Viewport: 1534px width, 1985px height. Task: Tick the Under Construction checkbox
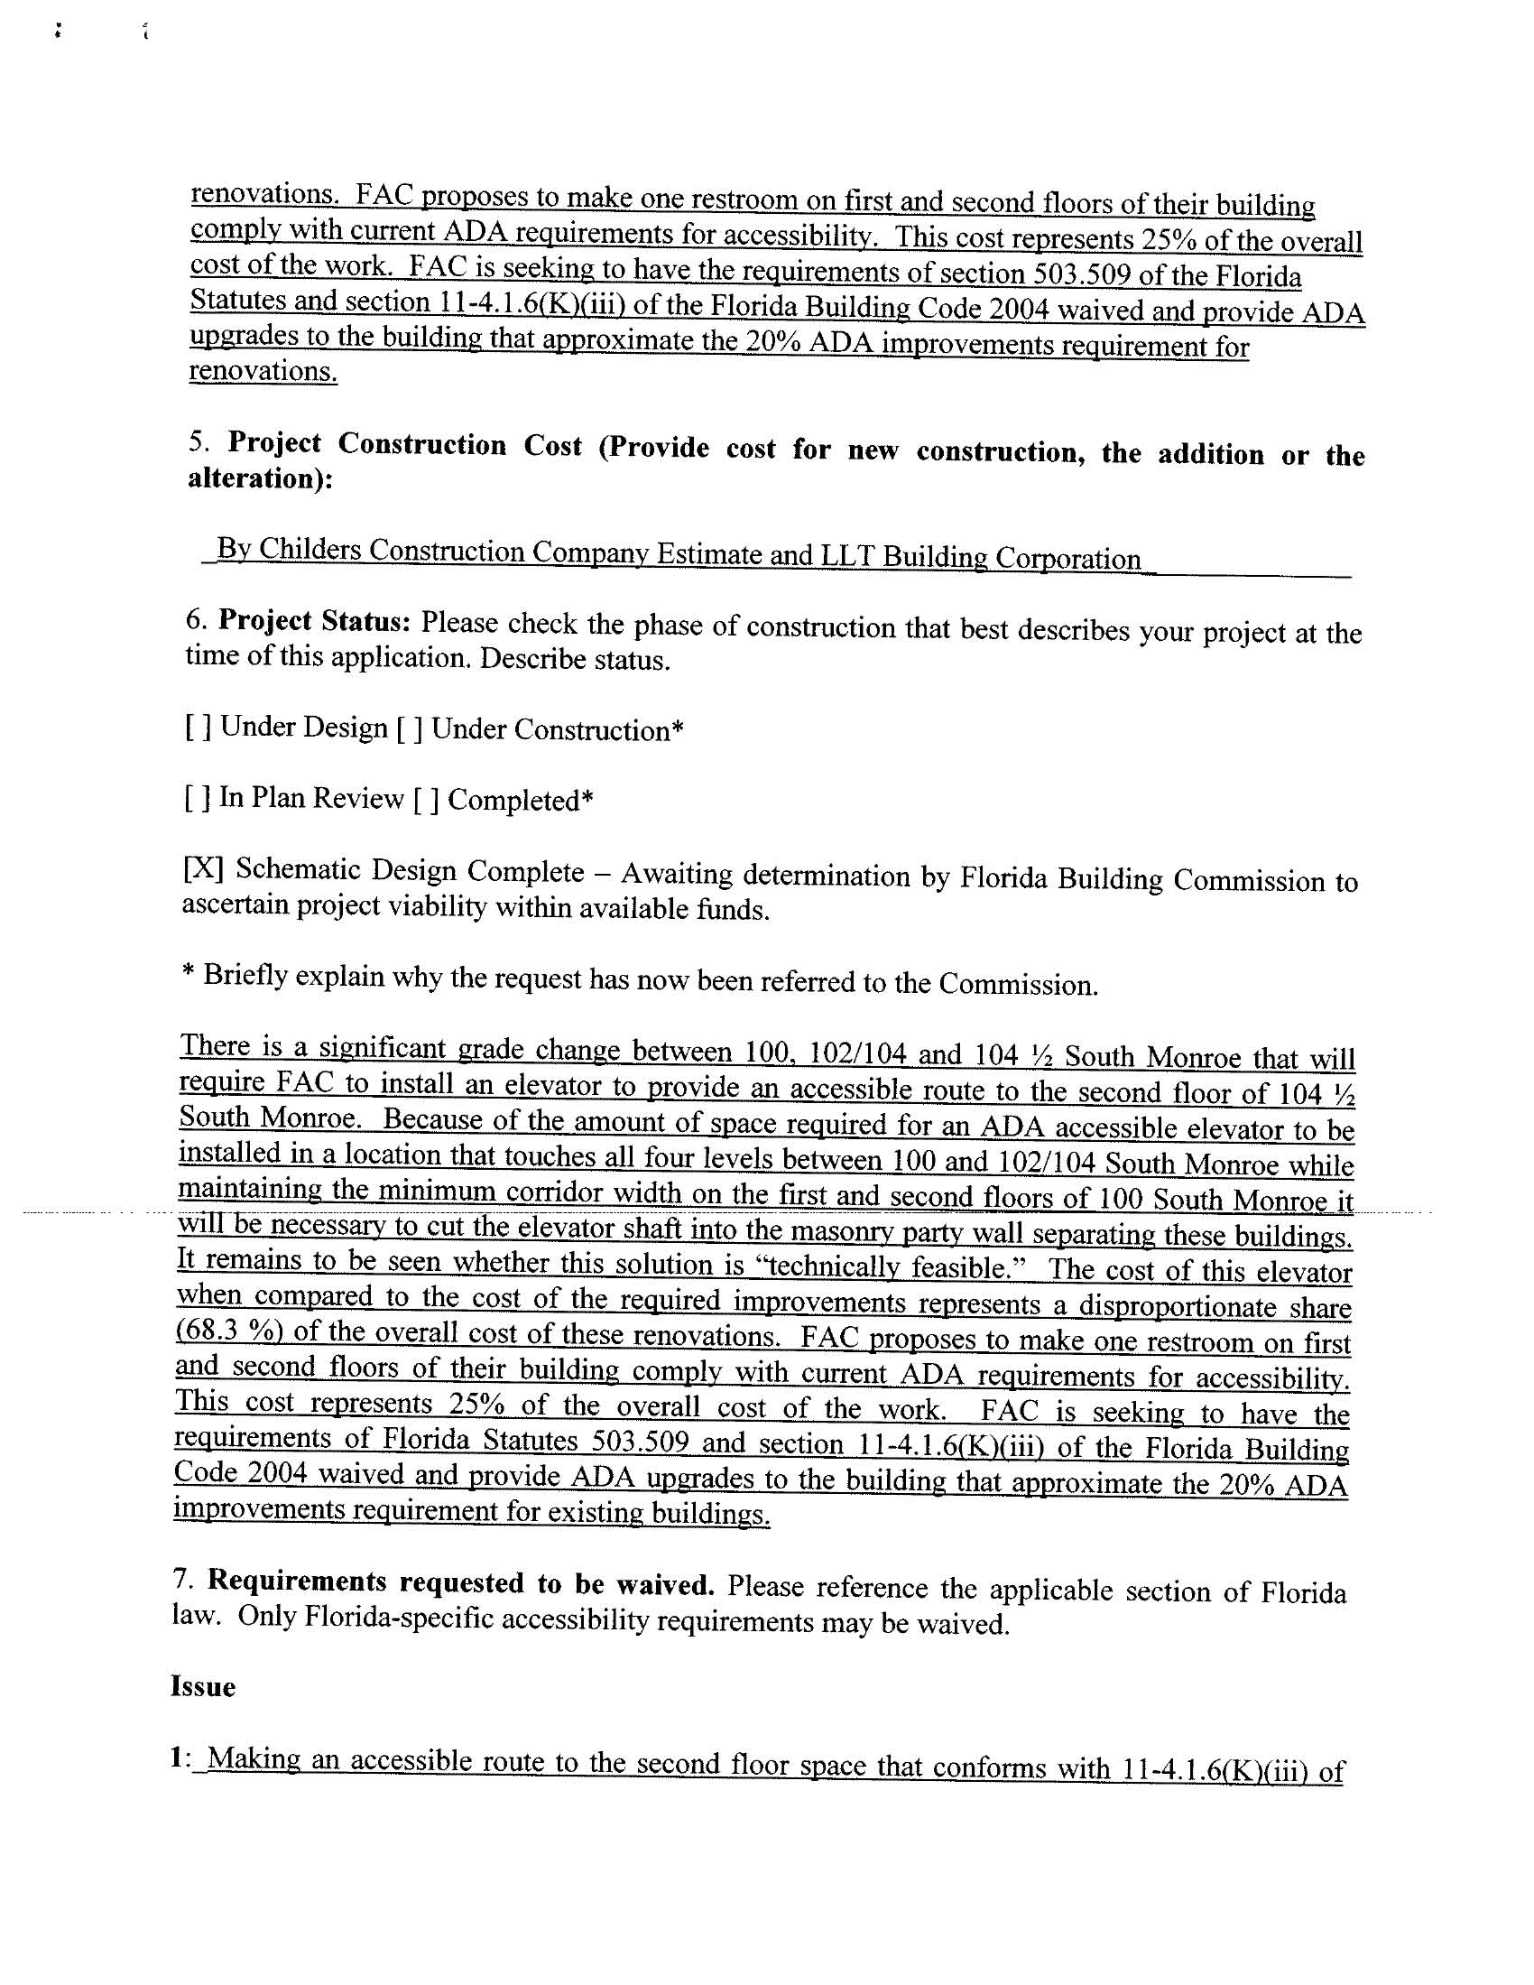pos(410,730)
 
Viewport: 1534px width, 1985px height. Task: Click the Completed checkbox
pos(426,800)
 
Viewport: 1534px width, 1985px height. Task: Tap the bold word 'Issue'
pos(203,1688)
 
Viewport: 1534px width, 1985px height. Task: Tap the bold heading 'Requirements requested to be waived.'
pos(461,1584)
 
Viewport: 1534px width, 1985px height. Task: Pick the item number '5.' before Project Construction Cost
pos(200,442)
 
